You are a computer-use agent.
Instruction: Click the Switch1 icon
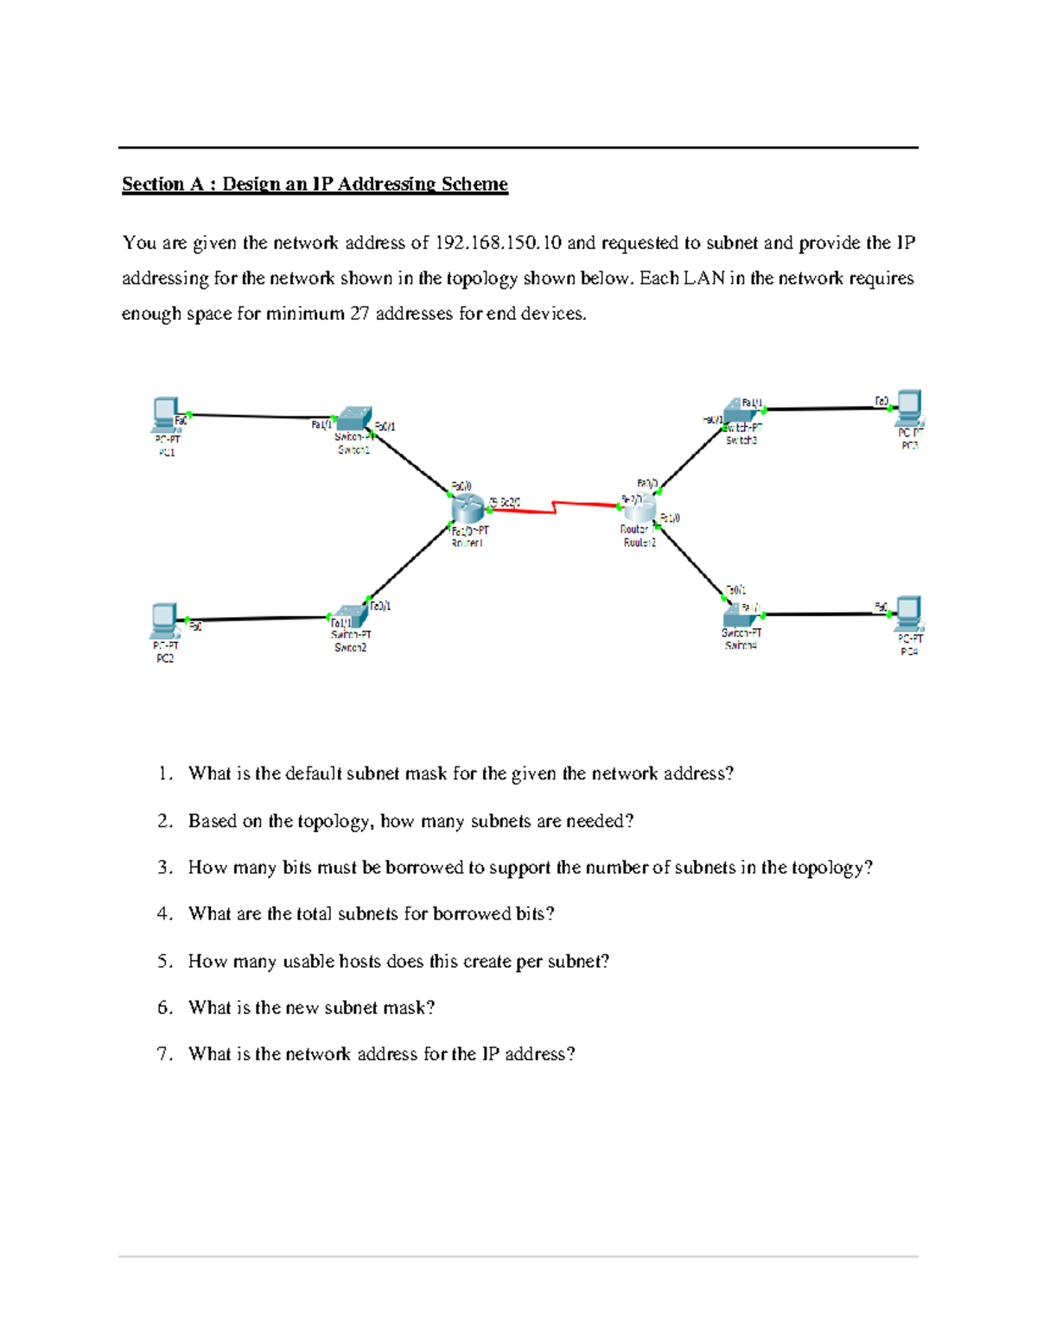(x=353, y=419)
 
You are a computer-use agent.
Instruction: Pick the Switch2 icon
(x=351, y=615)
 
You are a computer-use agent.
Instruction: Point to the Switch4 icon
(x=740, y=614)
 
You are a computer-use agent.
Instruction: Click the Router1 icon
(x=468, y=508)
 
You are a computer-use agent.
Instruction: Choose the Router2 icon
(x=640, y=509)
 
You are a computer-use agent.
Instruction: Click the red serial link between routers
(x=553, y=509)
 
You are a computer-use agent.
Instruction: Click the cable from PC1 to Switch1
(x=259, y=417)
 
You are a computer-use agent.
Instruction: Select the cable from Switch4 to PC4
(x=825, y=614)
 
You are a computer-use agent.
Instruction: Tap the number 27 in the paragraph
(x=359, y=314)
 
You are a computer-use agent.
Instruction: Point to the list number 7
(x=165, y=1053)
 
